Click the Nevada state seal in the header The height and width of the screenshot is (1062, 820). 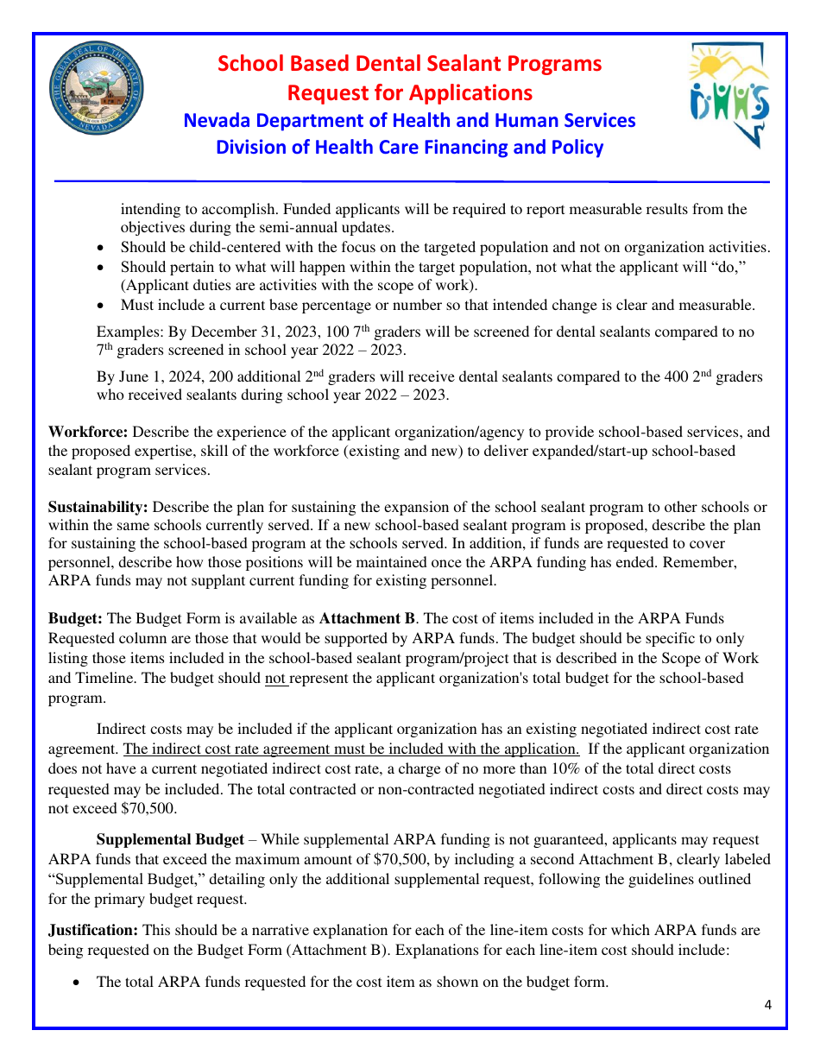pyautogui.click(x=96, y=90)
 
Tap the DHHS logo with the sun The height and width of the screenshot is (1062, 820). pyautogui.click(x=729, y=96)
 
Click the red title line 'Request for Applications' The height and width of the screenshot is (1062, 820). pyautogui.click(x=409, y=92)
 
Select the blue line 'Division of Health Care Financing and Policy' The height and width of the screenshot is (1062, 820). pyautogui.click(x=409, y=148)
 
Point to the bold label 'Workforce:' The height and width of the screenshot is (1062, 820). pyautogui.click(x=88, y=432)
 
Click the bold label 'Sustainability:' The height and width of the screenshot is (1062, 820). pyautogui.click(x=98, y=507)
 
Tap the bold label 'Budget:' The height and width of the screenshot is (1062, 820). pyautogui.click(x=76, y=618)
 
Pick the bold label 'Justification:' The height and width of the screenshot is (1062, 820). pyautogui.click(x=93, y=930)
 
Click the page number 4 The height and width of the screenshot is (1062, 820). pyautogui.click(x=767, y=1004)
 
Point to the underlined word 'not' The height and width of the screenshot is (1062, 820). pyautogui.click(x=275, y=678)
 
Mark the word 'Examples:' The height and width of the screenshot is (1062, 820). pyautogui.click(x=129, y=332)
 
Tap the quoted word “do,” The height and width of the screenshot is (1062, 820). pyautogui.click(x=729, y=267)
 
